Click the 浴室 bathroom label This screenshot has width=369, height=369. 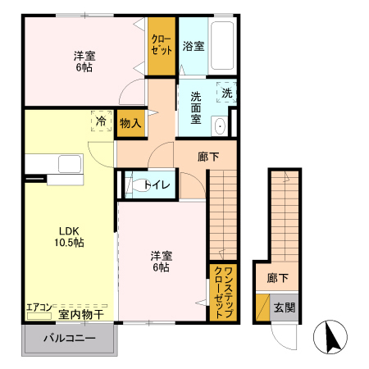(194, 46)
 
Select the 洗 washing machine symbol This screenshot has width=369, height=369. (227, 93)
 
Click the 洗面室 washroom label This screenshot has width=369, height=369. (196, 106)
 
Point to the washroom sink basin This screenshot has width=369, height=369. (220, 126)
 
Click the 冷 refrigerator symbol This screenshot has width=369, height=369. (100, 121)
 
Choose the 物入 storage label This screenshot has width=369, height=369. (130, 123)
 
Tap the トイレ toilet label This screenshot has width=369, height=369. (157, 185)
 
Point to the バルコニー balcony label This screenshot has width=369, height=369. (70, 339)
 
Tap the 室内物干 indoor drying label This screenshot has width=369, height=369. (80, 314)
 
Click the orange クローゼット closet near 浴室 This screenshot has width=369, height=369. (162, 46)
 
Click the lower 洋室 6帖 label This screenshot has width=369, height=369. (160, 261)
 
